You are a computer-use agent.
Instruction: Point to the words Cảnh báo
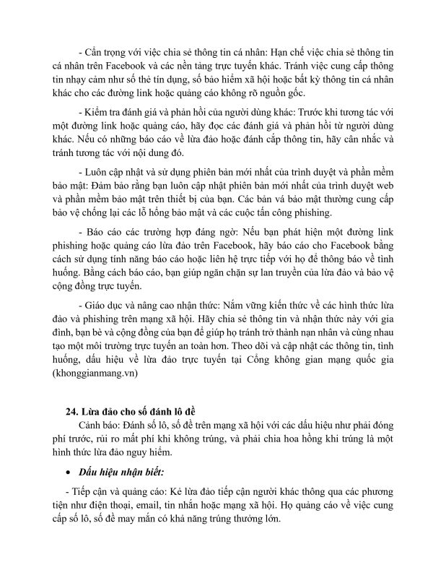(x=106, y=426)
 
